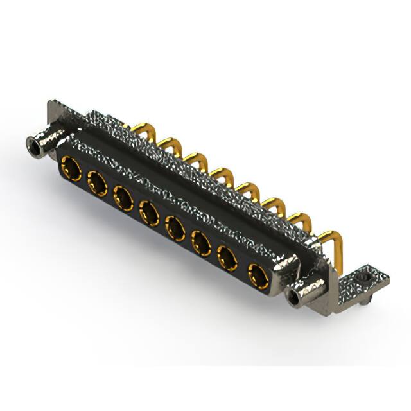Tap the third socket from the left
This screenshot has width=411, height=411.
tap(123, 197)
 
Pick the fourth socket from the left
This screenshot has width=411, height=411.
tap(148, 212)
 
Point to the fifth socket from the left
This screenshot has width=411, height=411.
tap(175, 227)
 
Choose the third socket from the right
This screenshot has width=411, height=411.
tap(202, 243)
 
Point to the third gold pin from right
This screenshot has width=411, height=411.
tap(274, 205)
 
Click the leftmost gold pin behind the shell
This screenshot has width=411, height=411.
tap(142, 132)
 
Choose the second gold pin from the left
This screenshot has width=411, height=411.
tap(170, 145)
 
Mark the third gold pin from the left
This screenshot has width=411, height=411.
tap(195, 160)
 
